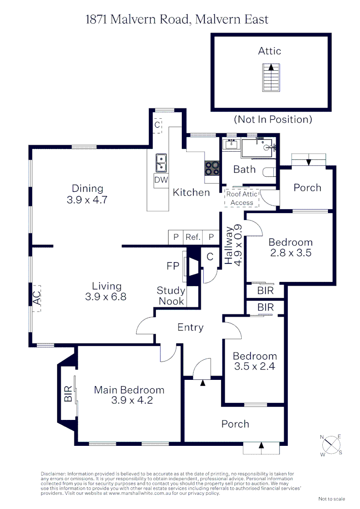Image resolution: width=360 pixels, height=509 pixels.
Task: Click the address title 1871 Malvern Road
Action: pyautogui.click(x=177, y=19)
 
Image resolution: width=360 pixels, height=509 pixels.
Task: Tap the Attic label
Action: pyautogui.click(x=270, y=51)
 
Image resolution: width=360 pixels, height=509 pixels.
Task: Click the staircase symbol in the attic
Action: pyautogui.click(x=270, y=77)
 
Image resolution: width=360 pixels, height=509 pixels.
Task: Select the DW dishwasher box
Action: pyautogui.click(x=161, y=180)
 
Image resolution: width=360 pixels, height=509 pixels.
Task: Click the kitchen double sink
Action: pyautogui.click(x=161, y=163)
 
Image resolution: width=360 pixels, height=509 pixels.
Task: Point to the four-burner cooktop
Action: pyautogui.click(x=212, y=167)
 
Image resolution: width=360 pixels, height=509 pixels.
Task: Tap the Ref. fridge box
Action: pyautogui.click(x=193, y=237)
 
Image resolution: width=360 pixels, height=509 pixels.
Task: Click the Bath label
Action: pyautogui.click(x=245, y=169)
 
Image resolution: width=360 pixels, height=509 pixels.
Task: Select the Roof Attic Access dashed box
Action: pyautogui.click(x=242, y=198)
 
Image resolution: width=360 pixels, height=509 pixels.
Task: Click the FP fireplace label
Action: pyautogui.click(x=173, y=266)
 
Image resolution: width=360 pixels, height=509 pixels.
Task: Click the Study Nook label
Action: pyautogui.click(x=171, y=296)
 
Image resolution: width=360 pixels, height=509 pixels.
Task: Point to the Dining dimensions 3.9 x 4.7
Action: pyautogui.click(x=87, y=199)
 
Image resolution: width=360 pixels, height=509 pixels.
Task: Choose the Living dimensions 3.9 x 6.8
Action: pyautogui.click(x=106, y=297)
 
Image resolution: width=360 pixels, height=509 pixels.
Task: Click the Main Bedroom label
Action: pyautogui.click(x=129, y=390)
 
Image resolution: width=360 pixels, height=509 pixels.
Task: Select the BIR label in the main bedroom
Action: pyautogui.click(x=68, y=394)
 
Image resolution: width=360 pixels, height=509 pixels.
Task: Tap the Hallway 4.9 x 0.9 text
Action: pyautogui.click(x=233, y=246)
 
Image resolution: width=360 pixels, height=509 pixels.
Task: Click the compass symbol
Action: pyautogui.click(x=331, y=445)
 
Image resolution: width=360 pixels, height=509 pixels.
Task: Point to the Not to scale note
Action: pyautogui.click(x=332, y=499)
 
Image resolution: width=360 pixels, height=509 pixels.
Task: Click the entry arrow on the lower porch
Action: pyautogui.click(x=262, y=445)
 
